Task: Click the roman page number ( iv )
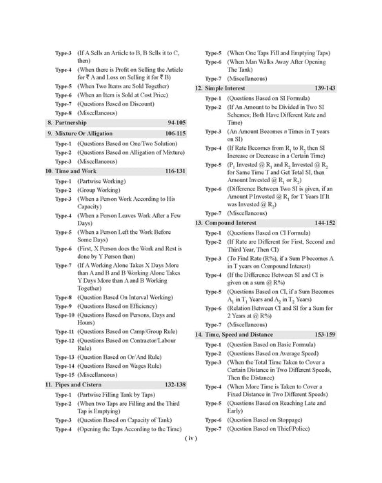click(x=191, y=457)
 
